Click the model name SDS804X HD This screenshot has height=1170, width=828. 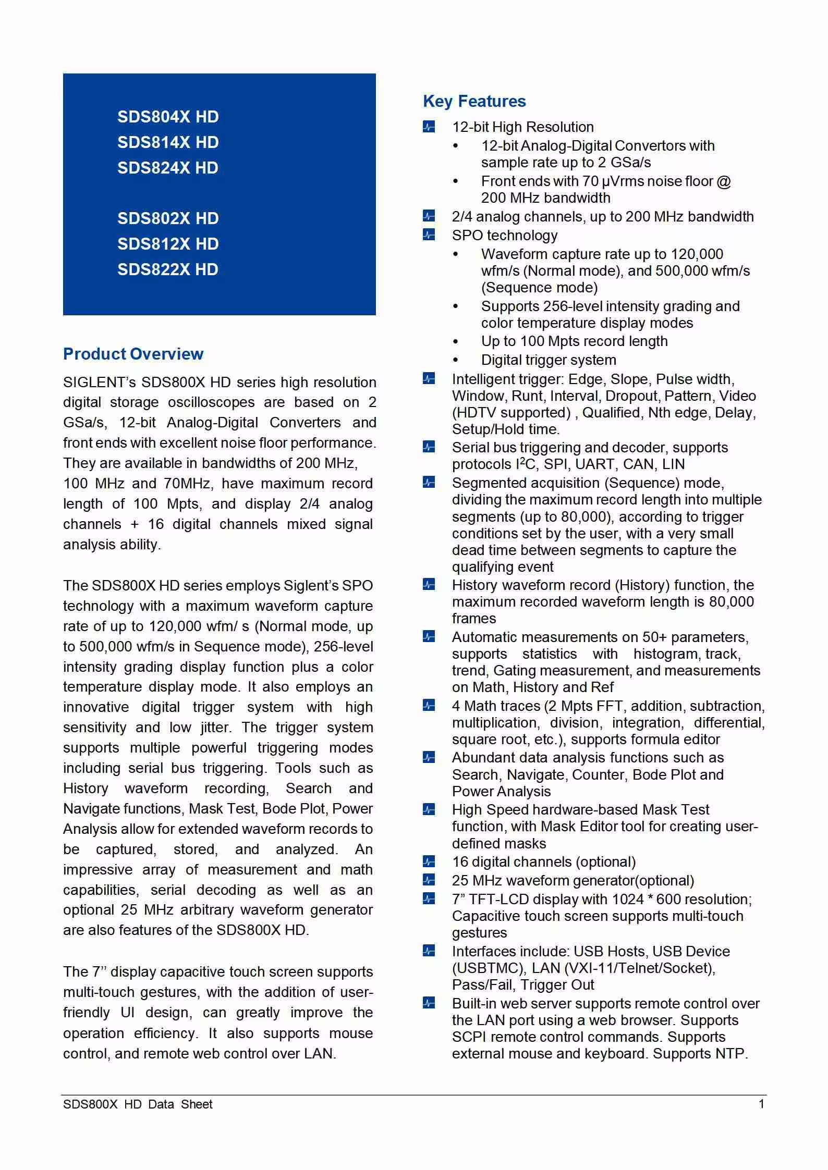168,117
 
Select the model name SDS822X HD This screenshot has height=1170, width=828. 168,269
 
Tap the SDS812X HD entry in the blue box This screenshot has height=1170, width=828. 168,244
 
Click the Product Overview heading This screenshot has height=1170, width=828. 133,354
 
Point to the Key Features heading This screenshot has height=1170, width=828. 474,101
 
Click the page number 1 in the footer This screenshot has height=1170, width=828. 761,1104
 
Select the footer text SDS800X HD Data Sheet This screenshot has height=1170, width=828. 138,1104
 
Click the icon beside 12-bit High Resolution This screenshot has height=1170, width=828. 429,127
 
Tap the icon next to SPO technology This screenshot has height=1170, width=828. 429,235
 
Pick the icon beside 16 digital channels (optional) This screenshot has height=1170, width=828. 429,861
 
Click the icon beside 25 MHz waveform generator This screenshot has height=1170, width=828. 429,880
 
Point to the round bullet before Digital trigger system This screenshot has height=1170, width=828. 456,360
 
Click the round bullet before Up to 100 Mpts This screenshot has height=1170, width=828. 456,342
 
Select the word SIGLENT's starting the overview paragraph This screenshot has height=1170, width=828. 99,383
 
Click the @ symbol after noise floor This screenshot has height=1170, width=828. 724,181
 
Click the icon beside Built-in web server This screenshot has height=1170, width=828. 429,1003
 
